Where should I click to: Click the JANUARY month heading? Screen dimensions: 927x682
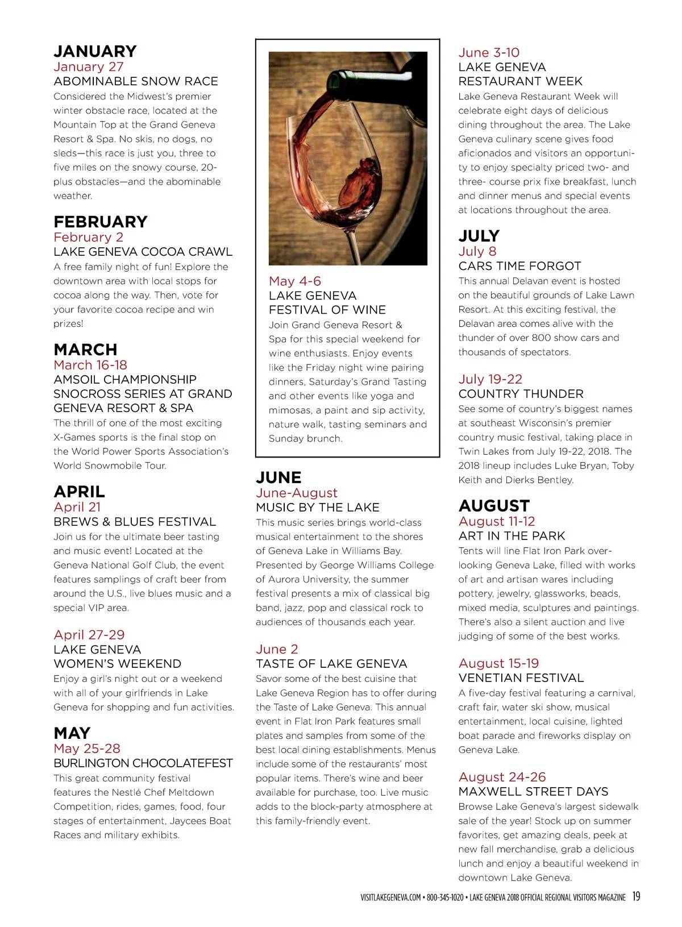pos(95,52)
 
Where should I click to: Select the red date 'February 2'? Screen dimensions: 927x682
pos(88,237)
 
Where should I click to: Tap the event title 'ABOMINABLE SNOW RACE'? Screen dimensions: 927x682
pos(136,81)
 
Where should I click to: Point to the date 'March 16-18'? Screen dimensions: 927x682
pos(90,365)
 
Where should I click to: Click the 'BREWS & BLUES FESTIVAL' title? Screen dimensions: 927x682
pos(135,522)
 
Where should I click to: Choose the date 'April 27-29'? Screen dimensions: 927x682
pos(89,635)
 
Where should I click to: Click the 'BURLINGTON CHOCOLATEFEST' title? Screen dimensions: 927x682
pos(143,763)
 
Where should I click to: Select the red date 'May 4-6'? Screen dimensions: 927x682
pos(295,281)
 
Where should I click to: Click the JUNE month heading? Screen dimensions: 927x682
pos(278,477)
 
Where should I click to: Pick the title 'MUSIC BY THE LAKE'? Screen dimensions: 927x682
pos(318,508)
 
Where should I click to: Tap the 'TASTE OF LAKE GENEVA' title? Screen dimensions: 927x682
pos(331,664)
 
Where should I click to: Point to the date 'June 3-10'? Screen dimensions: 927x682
pos(489,53)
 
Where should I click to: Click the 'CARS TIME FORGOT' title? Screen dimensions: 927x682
pos(519,266)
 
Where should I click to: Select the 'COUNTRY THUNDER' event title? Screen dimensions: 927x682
pos(521,394)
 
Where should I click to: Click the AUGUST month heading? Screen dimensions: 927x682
pos(494,506)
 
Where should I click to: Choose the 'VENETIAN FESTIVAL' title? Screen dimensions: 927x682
pos(521,678)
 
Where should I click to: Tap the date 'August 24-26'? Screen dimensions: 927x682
pos(502,777)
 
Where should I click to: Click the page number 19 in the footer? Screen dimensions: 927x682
pos(636,896)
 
